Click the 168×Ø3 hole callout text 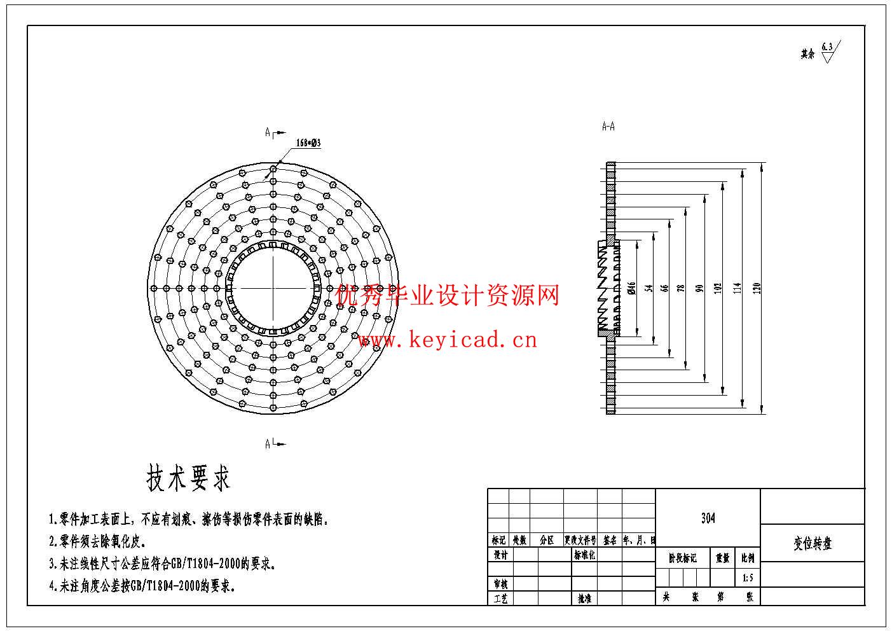tap(308, 143)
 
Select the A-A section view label tap(608, 127)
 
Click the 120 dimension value tap(757, 288)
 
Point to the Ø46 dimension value tap(631, 288)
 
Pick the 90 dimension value tap(699, 288)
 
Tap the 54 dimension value tap(649, 288)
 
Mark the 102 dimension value tap(718, 288)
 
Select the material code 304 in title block tap(708, 518)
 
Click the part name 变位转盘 tap(813, 544)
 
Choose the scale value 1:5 tap(748, 578)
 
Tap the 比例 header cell tap(748, 558)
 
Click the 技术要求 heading tap(188, 478)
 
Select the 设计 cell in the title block tap(500, 555)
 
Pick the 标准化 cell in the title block tap(584, 555)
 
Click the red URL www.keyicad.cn tap(447, 340)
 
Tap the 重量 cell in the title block tap(723, 558)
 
